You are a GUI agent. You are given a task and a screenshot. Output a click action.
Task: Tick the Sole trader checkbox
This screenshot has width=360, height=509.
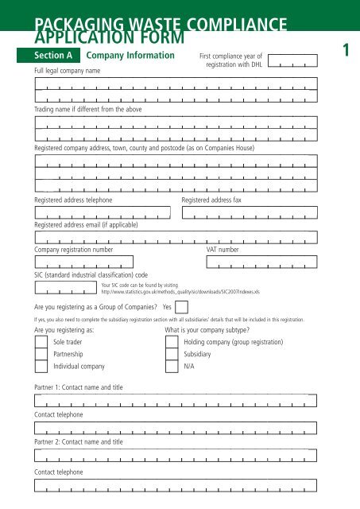(41, 342)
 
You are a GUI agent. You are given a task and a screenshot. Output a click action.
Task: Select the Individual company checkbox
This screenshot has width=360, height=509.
(41, 367)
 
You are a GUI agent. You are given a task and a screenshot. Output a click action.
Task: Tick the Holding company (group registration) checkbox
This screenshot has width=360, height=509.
(171, 342)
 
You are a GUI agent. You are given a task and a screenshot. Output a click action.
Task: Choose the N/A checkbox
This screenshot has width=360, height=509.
(171, 367)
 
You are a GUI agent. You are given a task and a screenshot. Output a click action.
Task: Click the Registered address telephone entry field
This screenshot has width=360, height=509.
(103, 212)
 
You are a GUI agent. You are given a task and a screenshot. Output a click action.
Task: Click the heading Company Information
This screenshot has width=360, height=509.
(130, 56)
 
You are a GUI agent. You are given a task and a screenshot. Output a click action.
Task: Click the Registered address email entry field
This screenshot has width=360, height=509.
(176, 236)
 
